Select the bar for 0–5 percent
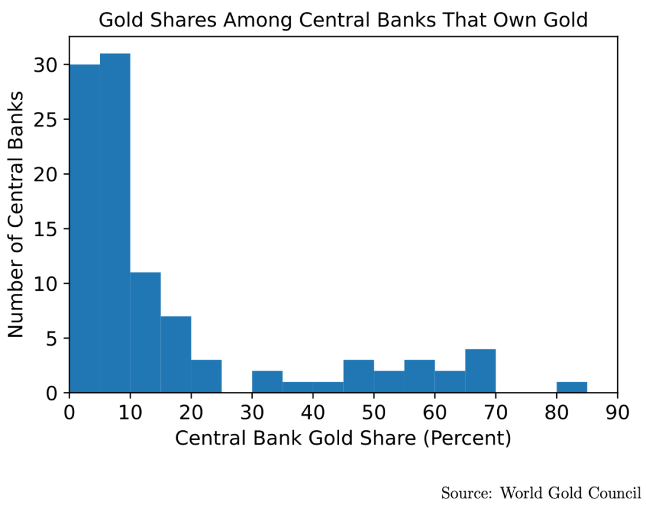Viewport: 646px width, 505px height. [84, 228]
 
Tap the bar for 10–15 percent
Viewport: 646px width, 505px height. [145, 332]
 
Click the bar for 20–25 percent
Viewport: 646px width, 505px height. [206, 376]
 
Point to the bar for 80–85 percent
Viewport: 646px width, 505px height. [572, 387]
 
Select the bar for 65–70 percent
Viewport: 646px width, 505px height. [480, 371]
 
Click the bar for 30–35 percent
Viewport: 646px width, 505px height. [267, 382]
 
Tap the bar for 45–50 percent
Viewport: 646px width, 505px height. [359, 376]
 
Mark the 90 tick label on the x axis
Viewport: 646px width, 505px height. [617, 412]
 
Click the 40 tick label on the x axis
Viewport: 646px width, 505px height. [313, 412]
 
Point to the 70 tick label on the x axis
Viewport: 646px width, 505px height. [495, 412]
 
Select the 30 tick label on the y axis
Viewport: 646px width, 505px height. [50, 65]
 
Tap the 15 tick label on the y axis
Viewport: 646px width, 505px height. [50, 229]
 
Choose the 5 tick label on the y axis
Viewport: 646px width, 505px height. [55, 339]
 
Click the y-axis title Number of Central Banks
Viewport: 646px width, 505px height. [16, 214]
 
